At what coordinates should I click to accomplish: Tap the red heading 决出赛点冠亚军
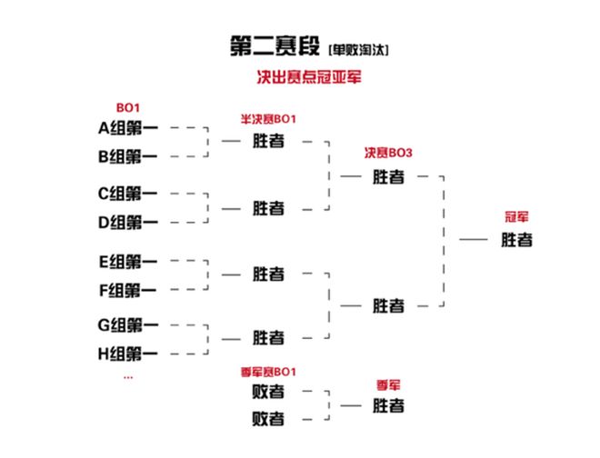click(x=310, y=77)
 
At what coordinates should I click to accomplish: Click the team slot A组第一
click(x=127, y=128)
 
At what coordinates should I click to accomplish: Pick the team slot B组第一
click(x=127, y=156)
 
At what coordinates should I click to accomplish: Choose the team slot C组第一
click(x=127, y=194)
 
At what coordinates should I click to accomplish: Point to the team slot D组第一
click(x=127, y=222)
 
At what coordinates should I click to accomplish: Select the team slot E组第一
click(x=127, y=262)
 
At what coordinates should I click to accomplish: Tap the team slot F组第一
click(x=127, y=290)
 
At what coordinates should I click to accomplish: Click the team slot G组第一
click(x=127, y=324)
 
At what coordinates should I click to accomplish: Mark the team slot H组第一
click(x=127, y=353)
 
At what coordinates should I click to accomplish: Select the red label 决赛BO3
click(x=388, y=153)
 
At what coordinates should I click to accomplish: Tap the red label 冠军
click(x=517, y=217)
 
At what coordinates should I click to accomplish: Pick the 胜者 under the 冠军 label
click(x=516, y=240)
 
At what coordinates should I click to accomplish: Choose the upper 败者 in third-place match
click(x=268, y=392)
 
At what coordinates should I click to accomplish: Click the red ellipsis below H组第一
click(x=127, y=375)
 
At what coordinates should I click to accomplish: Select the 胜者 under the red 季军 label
click(x=388, y=406)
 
